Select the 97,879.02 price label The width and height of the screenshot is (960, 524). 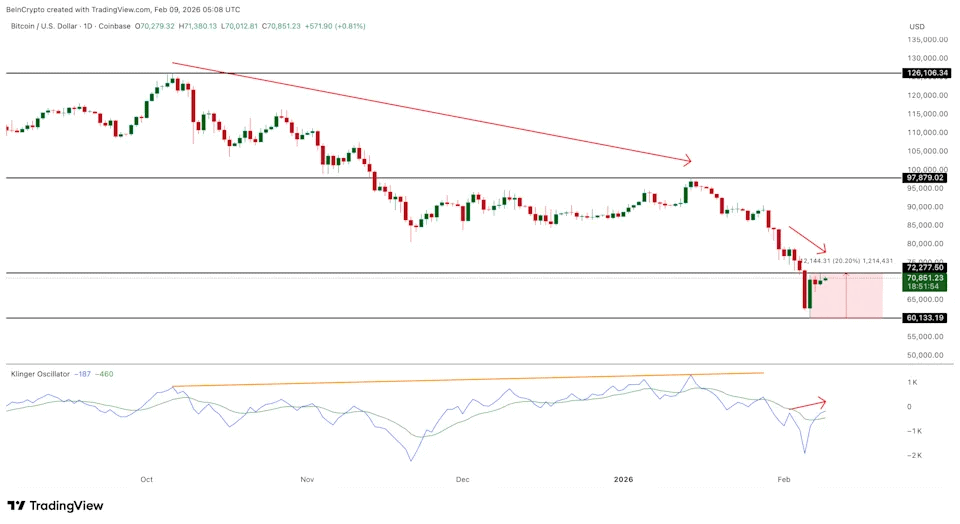[925, 177]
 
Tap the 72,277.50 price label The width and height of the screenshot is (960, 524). [925, 268]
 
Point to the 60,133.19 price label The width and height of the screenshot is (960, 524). [925, 318]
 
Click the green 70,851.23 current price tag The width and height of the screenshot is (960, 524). [925, 279]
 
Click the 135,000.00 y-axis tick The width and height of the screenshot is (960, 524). [927, 40]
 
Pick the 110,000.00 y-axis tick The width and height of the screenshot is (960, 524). [927, 132]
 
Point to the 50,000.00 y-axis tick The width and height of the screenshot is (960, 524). [927, 355]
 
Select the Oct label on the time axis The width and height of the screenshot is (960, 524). [146, 479]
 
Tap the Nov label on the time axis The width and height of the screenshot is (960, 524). [307, 479]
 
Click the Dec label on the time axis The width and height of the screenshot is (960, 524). [462, 479]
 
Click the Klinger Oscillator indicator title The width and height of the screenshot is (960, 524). [40, 374]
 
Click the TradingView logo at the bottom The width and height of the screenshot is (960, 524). [56, 506]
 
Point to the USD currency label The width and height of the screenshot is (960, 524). [916, 25]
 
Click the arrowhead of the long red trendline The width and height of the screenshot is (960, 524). [688, 160]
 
